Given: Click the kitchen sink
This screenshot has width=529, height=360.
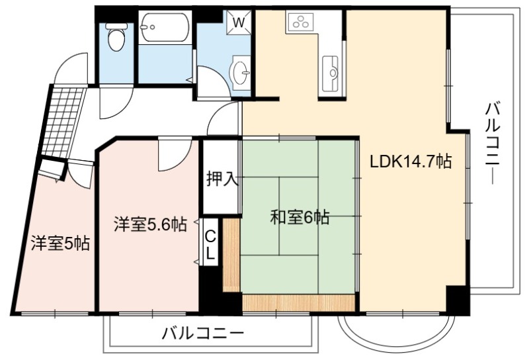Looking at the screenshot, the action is pyautogui.click(x=330, y=73).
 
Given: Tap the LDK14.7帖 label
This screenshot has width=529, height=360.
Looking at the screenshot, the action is pyautogui.click(x=411, y=161).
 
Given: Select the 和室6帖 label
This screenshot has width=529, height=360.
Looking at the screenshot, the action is pyautogui.click(x=300, y=218).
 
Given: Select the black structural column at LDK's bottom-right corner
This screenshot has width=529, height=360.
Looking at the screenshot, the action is pyautogui.click(x=458, y=300).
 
